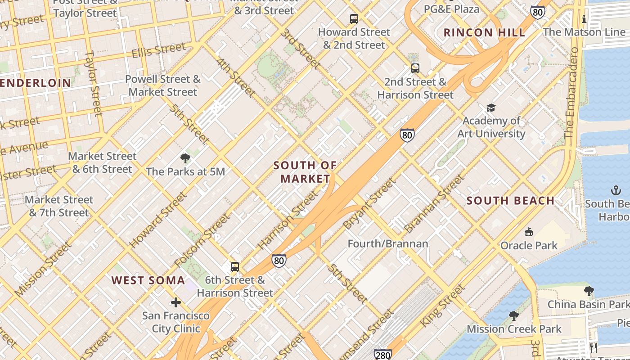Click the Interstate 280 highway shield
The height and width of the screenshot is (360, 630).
[382, 354]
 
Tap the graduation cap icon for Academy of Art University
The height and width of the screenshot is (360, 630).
[490, 108]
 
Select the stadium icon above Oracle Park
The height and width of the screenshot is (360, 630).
[529, 232]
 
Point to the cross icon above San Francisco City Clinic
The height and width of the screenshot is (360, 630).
[176, 302]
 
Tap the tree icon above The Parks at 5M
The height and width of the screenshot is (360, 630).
[185, 158]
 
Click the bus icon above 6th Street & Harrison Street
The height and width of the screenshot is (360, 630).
[234, 266]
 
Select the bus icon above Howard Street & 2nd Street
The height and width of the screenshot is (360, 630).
[354, 19]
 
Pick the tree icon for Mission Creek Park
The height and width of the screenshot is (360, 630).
[513, 315]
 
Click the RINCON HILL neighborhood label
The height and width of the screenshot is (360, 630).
[484, 32]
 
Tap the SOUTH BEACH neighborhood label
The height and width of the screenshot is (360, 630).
[510, 201]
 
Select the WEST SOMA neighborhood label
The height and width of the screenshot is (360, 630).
[148, 280]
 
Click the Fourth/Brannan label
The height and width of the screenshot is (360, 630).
[387, 243]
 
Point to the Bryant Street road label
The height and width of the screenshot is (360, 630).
[369, 204]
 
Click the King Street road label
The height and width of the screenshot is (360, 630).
[442, 306]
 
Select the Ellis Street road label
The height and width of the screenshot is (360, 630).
[158, 50]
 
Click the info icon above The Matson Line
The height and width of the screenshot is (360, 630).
[584, 19]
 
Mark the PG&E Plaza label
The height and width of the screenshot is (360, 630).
[451, 9]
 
